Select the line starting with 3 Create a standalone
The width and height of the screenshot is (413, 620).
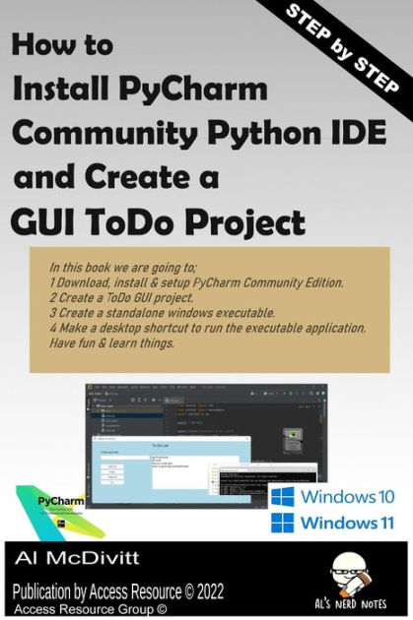coord(163,312)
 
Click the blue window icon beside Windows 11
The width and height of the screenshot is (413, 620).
coord(284,522)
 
